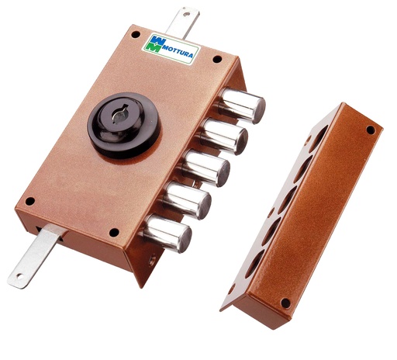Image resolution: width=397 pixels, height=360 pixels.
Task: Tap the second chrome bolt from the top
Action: [x=226, y=138]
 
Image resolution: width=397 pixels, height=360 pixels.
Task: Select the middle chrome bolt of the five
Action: [x=207, y=168]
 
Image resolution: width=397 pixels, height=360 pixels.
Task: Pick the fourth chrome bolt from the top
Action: [x=188, y=201]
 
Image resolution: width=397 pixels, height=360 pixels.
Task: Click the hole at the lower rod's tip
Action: [x=17, y=276]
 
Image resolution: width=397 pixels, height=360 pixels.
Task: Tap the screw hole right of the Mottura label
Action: [x=217, y=58]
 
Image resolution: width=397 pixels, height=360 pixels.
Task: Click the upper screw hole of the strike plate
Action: [x=370, y=130]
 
